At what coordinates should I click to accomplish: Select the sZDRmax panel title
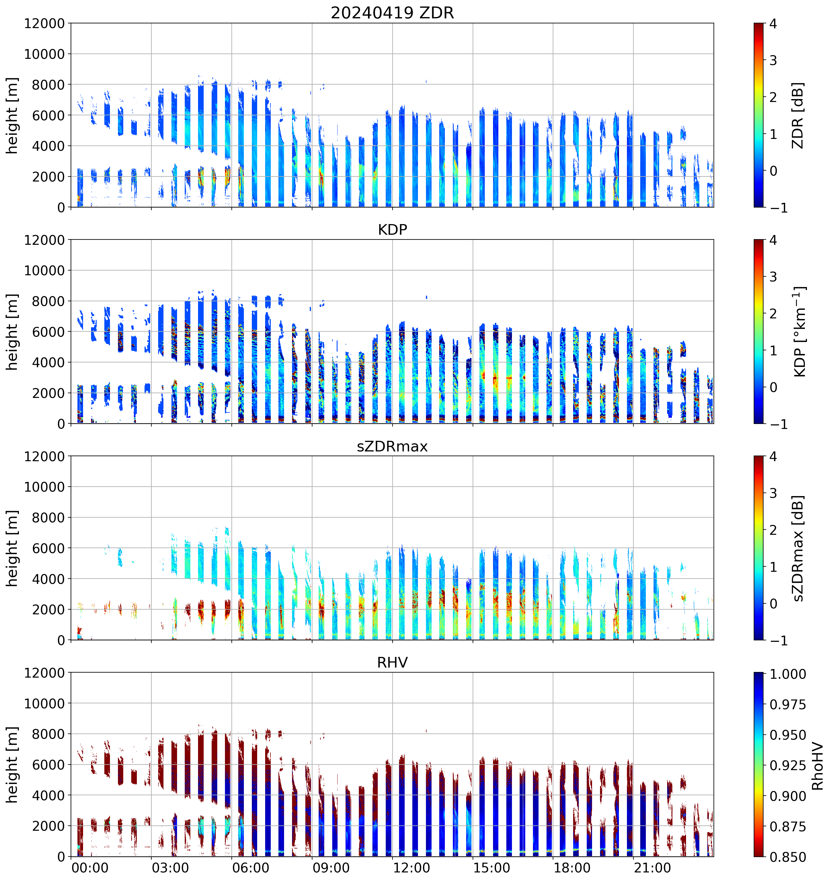[x=392, y=446]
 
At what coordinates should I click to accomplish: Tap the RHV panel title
[x=392, y=663]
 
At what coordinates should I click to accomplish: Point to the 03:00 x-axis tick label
[x=170, y=868]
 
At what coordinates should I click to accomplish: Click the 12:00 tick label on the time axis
[x=411, y=868]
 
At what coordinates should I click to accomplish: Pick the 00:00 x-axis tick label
[x=90, y=868]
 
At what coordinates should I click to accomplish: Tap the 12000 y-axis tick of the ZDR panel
[x=44, y=23]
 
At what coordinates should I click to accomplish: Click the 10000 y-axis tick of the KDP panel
[x=44, y=270]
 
